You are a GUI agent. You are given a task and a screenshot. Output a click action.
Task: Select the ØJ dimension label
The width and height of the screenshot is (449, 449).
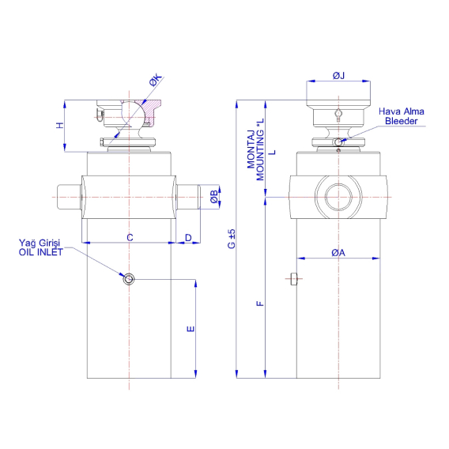point(338,76)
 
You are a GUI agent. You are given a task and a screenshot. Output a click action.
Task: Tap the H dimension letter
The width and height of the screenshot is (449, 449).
point(60,125)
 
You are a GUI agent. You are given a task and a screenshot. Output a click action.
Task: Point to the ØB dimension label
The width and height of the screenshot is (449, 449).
point(214,197)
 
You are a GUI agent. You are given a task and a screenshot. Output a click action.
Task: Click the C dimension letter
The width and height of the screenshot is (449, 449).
point(130,238)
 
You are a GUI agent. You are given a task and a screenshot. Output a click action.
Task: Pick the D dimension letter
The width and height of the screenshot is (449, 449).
point(188,238)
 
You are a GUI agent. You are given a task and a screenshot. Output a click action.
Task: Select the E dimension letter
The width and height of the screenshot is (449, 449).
point(191,329)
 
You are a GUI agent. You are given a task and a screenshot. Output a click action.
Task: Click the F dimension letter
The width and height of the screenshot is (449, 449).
point(260,304)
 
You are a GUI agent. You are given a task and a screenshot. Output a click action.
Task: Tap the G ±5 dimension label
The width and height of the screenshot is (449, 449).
point(232,239)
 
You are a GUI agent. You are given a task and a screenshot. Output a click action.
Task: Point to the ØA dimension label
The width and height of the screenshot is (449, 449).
point(338,253)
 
